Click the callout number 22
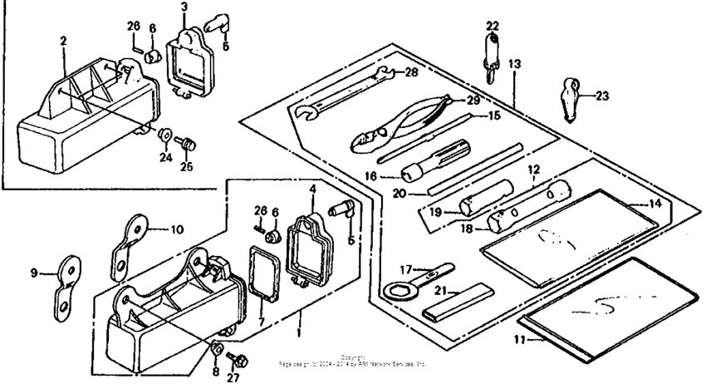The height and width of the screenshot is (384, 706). tap(493, 25)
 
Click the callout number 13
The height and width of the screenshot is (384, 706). tap(515, 63)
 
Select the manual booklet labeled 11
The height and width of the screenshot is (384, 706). tap(606, 308)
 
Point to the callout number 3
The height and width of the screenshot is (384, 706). tap(184, 7)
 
